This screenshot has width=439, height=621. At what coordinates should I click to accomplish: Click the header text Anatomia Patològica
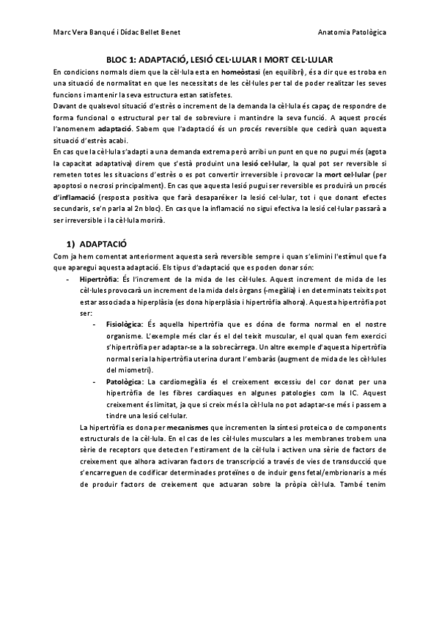[x=354, y=33]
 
